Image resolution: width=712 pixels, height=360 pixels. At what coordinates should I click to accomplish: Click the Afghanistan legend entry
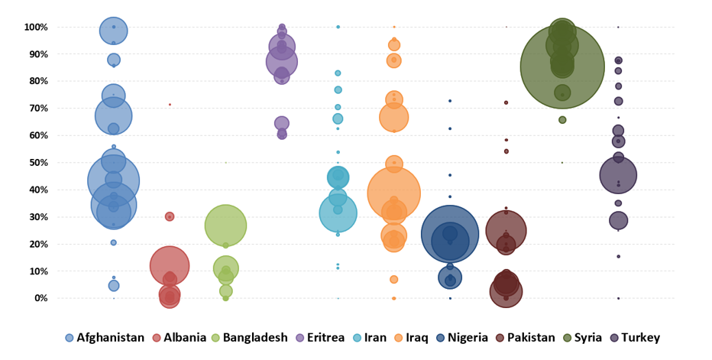coord(105,337)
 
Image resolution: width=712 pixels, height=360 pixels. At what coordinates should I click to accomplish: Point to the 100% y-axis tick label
coord(36,28)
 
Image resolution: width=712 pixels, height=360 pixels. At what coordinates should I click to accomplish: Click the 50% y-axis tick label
coord(38,163)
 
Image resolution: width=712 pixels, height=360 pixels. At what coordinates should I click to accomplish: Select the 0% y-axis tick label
coord(41,298)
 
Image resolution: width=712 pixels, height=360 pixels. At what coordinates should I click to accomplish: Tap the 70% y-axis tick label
coord(38,109)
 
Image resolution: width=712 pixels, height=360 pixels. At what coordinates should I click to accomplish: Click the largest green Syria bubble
coord(562,66)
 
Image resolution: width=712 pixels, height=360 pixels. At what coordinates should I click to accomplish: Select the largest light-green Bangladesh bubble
coord(225,225)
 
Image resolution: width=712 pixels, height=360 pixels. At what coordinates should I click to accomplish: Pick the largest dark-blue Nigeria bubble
coord(450,234)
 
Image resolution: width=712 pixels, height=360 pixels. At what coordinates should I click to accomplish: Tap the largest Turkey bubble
coord(618,175)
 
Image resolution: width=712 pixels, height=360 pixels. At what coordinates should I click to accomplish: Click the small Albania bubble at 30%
coord(170,216)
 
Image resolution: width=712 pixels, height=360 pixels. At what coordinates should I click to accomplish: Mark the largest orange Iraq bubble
coord(393,193)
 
